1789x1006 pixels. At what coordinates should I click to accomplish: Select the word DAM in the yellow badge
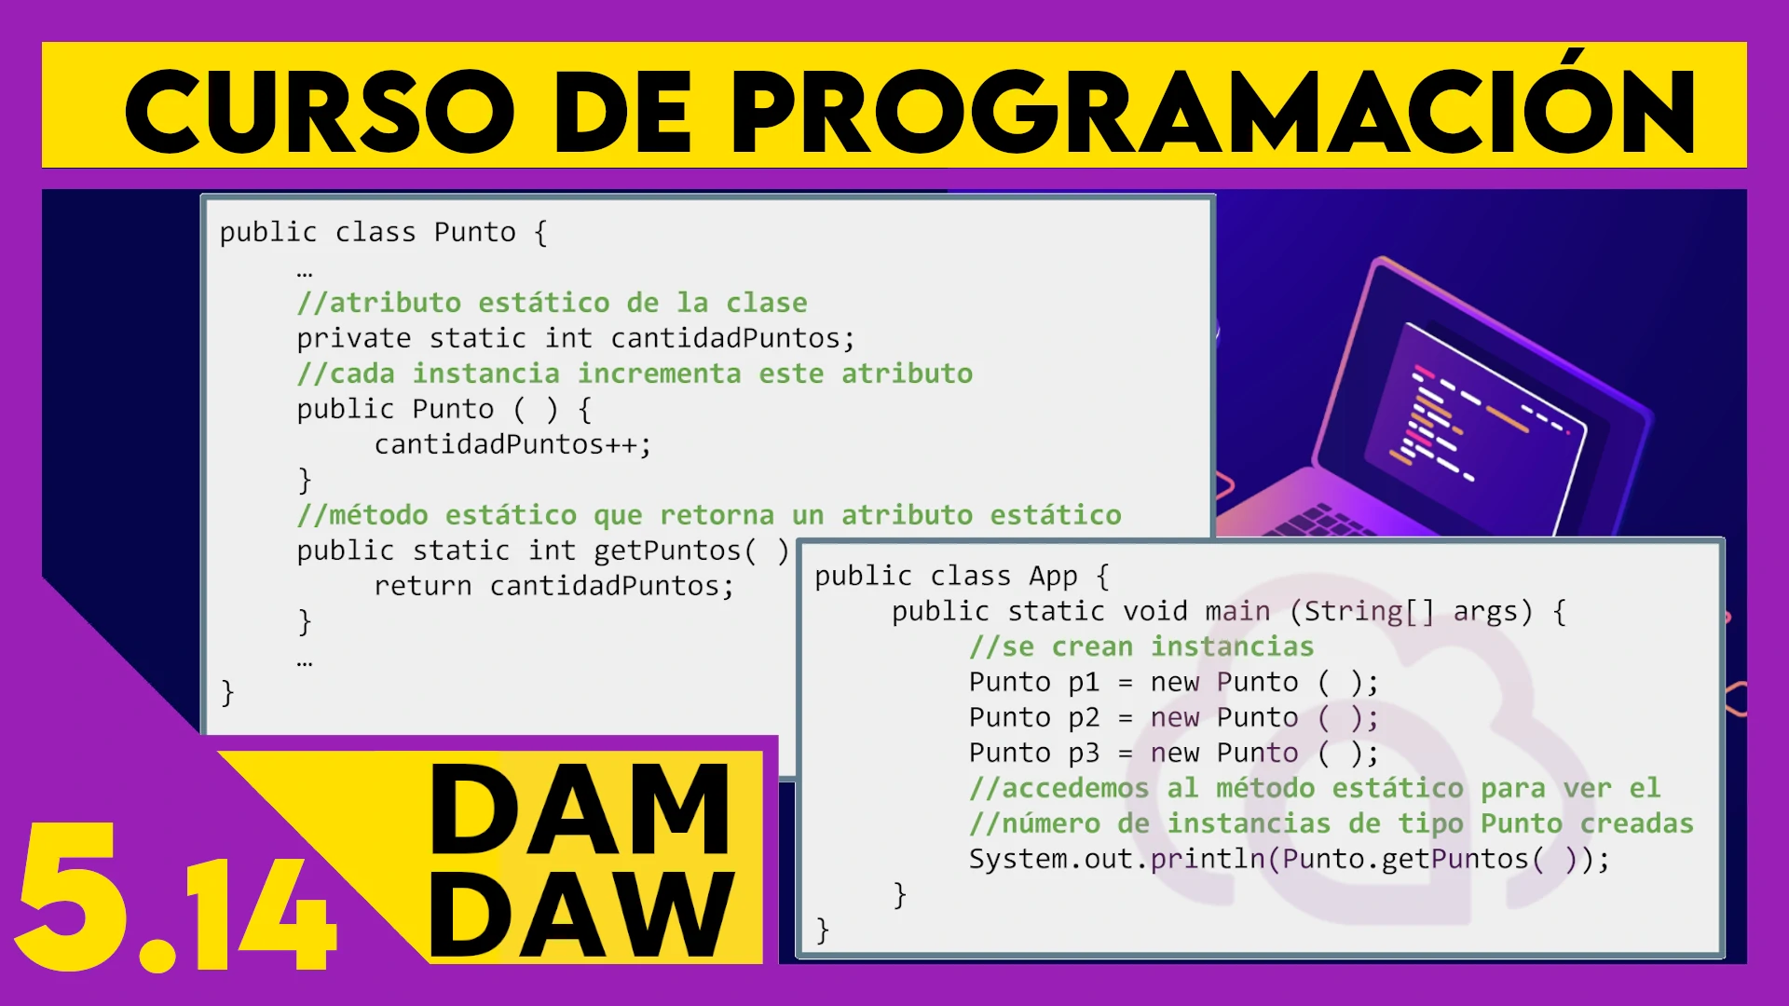tap(580, 809)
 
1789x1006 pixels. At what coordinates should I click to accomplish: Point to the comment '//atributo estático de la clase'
tap(552, 303)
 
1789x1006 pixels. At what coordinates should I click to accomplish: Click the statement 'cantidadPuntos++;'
tap(512, 444)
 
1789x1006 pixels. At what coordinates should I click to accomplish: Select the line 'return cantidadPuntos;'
tap(553, 586)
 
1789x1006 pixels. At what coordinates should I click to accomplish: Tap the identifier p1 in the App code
tap(1084, 682)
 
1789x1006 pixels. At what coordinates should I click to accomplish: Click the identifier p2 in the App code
tap(1084, 717)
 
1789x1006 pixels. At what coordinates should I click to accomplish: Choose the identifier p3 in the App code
tap(1084, 753)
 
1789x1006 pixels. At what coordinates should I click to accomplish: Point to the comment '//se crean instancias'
tap(1141, 646)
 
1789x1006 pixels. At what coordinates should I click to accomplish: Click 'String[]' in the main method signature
tap(1370, 611)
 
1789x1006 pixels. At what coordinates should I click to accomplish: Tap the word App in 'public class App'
tap(1053, 577)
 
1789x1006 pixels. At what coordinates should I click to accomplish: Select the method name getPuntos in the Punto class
tap(667, 551)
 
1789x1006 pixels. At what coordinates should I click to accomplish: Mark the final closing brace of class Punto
tap(227, 692)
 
